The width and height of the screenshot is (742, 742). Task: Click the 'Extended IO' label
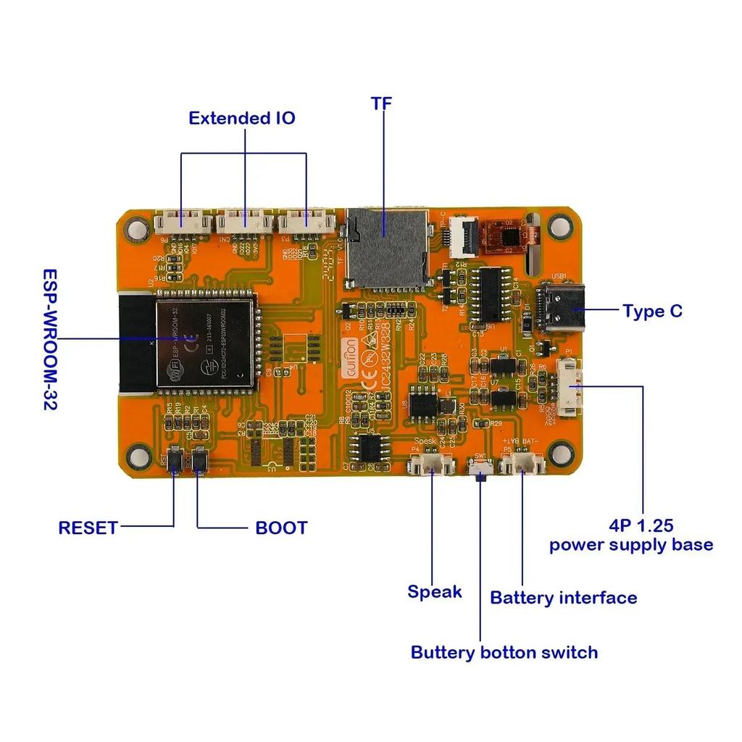coord(242,118)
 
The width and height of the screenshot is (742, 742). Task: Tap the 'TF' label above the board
coord(381,104)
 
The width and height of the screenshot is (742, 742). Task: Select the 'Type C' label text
coord(652,312)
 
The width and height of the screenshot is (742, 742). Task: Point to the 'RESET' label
coord(88,528)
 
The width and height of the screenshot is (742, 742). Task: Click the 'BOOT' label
coord(281,528)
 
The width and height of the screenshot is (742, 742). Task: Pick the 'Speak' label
coord(434,592)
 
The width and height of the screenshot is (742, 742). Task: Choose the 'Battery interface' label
coord(563,598)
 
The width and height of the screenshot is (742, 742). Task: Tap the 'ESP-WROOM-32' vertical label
coord(50,340)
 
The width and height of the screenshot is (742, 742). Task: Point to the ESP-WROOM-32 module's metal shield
coord(205,341)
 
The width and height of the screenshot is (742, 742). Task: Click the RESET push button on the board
coord(175,462)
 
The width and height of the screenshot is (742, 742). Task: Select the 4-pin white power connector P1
coord(570,389)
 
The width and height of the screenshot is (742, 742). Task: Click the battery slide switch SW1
coord(480,472)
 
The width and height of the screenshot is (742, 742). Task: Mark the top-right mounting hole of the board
coord(559,226)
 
